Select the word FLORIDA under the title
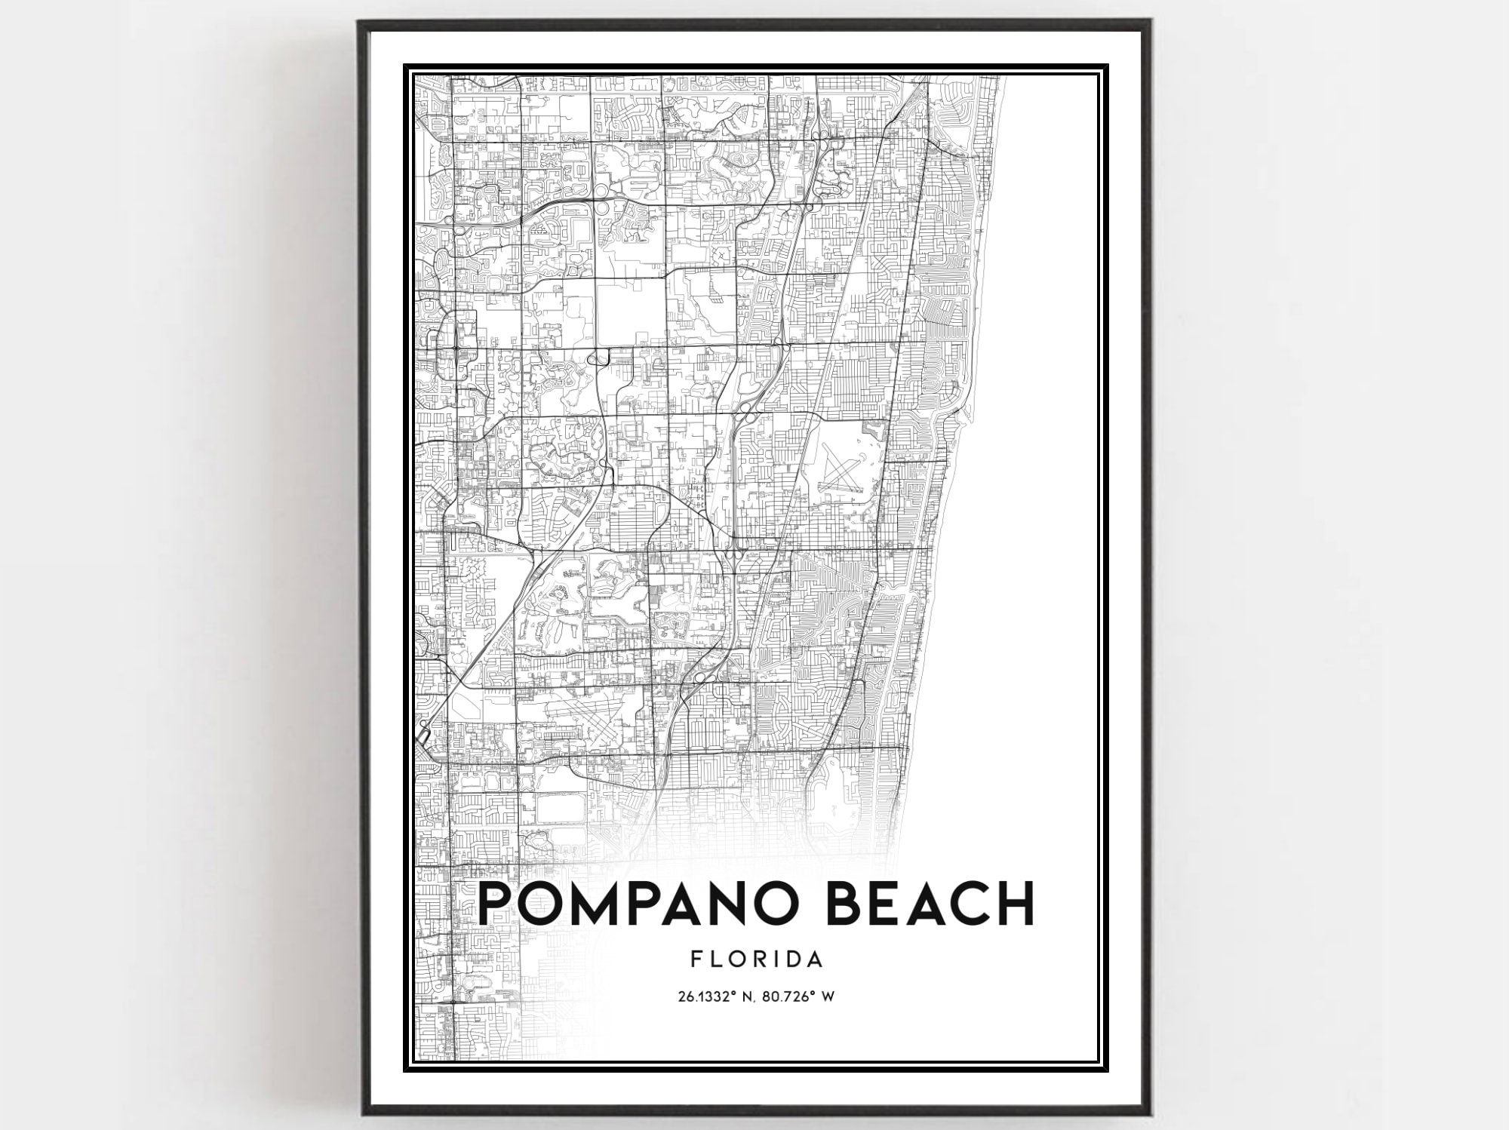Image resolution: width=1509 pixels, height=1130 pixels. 756,959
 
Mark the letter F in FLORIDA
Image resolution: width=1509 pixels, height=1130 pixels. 696,959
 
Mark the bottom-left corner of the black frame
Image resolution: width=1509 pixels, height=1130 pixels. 360,1114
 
